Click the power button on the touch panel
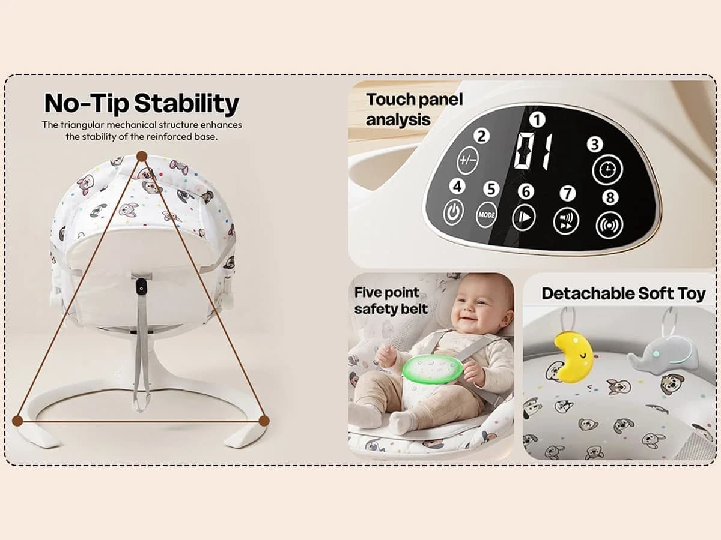click(454, 212)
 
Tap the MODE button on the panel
click(487, 215)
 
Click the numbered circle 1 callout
click(537, 119)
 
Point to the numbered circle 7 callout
click(567, 193)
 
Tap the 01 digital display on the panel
click(533, 151)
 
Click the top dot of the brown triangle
click(142, 156)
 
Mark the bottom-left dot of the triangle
click(17, 421)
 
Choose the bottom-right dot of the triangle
click(264, 421)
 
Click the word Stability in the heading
click(186, 104)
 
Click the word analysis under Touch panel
click(398, 119)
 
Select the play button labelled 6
click(524, 218)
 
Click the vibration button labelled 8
click(609, 225)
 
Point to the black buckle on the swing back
click(141, 287)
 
